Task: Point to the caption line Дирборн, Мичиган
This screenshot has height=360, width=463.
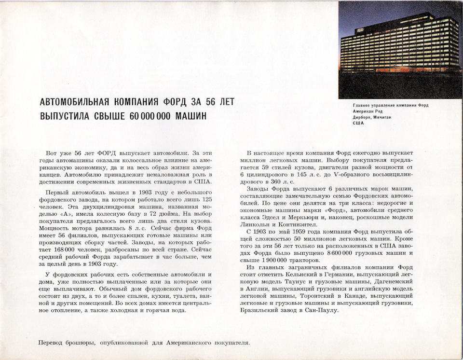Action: pyautogui.click(x=375, y=117)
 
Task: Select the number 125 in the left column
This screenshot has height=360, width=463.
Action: pyautogui.click(x=206, y=199)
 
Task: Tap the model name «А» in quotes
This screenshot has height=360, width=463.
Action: pyautogui.click(x=66, y=215)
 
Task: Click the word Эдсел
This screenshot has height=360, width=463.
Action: pyautogui.click(x=265, y=217)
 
